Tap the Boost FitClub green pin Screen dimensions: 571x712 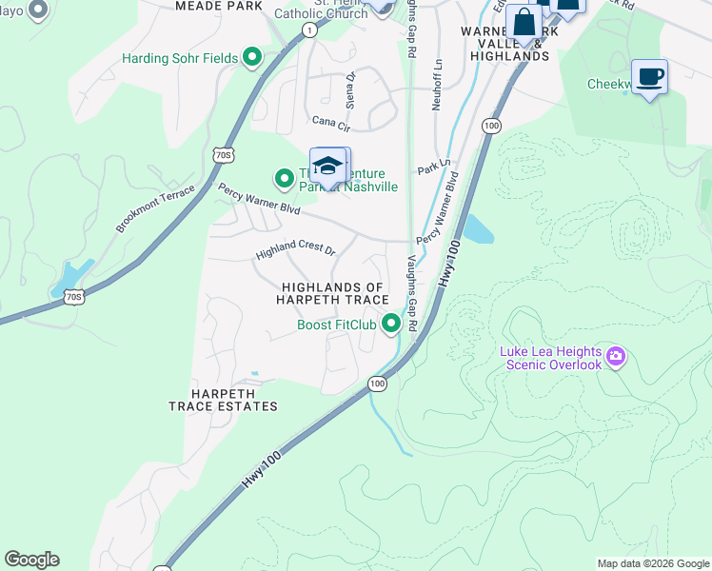(x=390, y=325)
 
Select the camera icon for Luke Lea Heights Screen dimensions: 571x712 (x=616, y=358)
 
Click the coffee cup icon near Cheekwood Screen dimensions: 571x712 (x=649, y=77)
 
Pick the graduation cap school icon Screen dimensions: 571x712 (x=327, y=166)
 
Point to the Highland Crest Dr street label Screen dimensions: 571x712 (x=296, y=253)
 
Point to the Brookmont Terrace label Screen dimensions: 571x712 (x=155, y=208)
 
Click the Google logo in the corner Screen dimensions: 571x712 (x=31, y=560)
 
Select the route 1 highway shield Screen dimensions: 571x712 (x=309, y=30)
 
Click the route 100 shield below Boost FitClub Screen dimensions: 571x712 (x=378, y=384)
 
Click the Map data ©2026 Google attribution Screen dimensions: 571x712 (x=653, y=563)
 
